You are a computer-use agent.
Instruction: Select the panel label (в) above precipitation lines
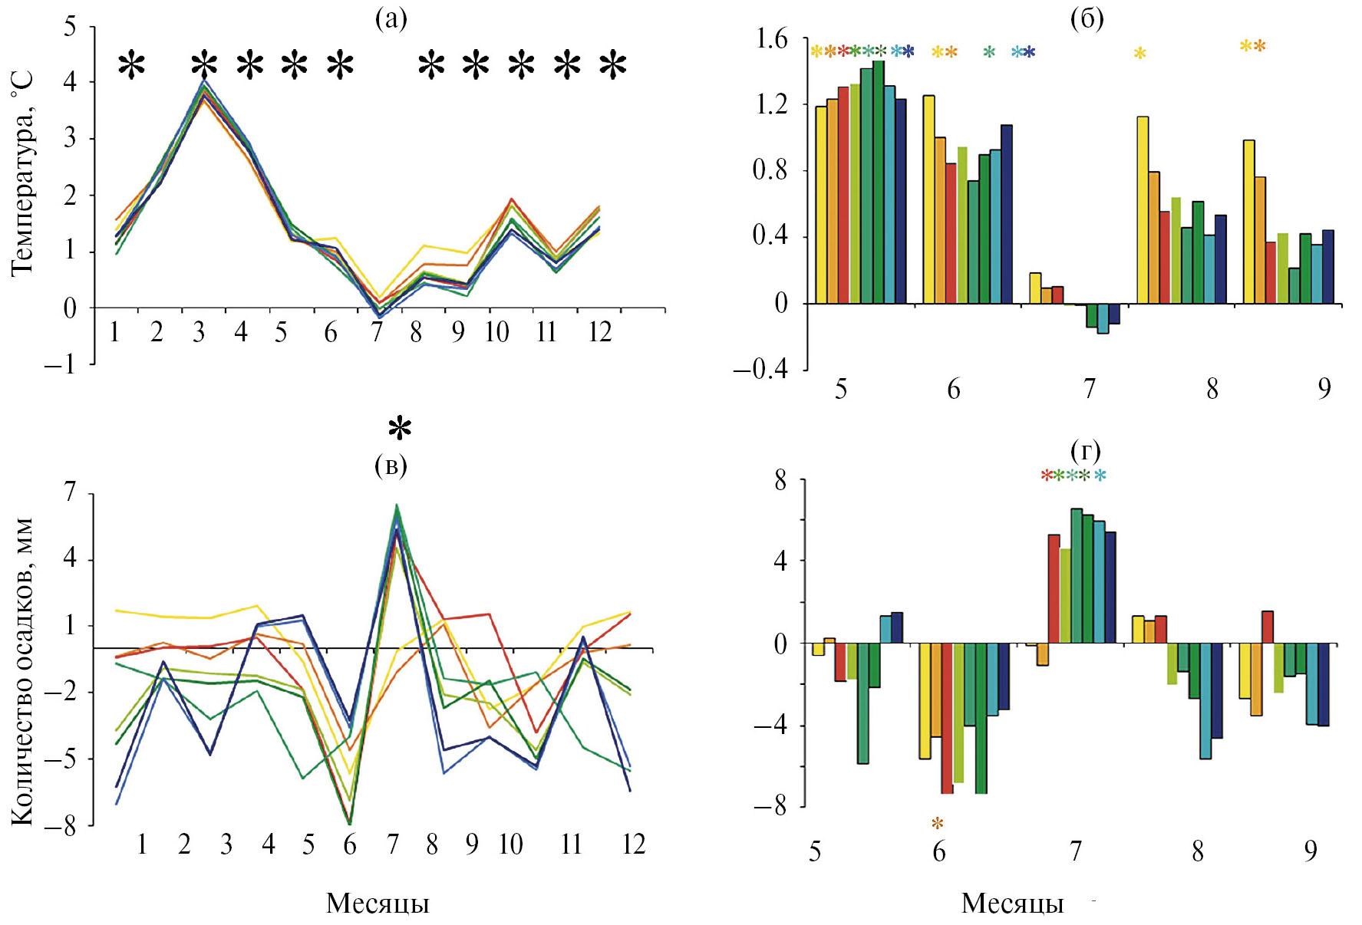tap(391, 465)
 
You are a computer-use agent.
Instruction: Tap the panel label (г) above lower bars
tap(1084, 449)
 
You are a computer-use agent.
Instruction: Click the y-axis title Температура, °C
tap(23, 173)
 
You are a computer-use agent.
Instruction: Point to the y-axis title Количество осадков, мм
tap(23, 672)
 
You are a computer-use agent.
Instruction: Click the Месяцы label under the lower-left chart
tap(378, 903)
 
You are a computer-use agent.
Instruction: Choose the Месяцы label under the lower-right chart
tap(1013, 903)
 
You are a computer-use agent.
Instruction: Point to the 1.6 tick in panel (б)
tap(772, 38)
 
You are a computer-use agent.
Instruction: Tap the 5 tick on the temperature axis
tap(71, 27)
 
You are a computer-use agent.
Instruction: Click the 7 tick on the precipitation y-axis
tap(71, 492)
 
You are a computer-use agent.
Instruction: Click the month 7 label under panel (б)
tap(1089, 389)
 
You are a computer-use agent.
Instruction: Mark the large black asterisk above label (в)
tap(400, 429)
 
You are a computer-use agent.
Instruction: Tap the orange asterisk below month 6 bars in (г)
tap(938, 825)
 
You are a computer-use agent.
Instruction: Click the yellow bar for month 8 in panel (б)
tap(1143, 209)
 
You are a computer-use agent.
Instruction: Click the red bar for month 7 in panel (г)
tap(1054, 588)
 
